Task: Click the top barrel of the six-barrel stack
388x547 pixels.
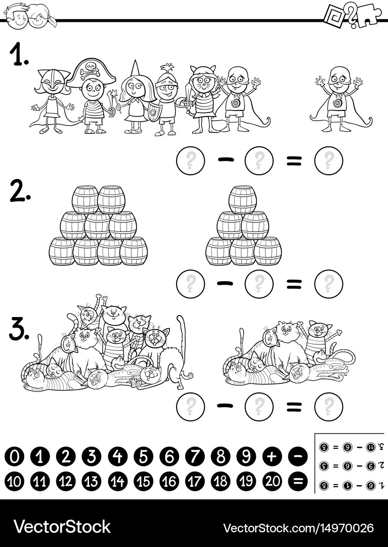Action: point(243,199)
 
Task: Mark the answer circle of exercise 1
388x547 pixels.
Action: point(328,161)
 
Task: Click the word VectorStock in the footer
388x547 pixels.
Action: point(62,526)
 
